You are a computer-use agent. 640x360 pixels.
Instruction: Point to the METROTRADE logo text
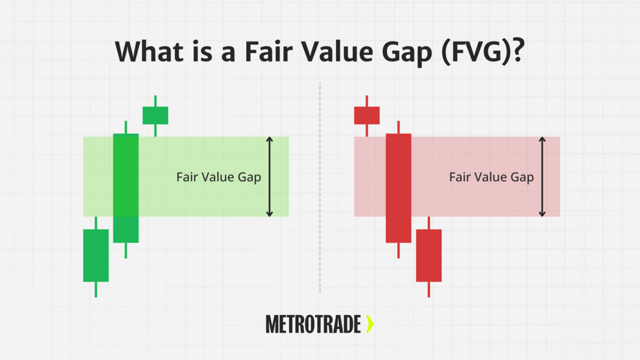pyautogui.click(x=313, y=324)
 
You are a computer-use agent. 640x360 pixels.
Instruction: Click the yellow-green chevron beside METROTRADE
pyautogui.click(x=370, y=324)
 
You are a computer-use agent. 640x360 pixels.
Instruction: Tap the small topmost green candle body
pyautogui.click(x=155, y=115)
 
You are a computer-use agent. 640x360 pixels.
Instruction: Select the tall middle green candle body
pyautogui.click(x=125, y=188)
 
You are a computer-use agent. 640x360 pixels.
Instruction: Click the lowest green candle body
pyautogui.click(x=95, y=255)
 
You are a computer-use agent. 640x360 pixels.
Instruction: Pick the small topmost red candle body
pyautogui.click(x=366, y=115)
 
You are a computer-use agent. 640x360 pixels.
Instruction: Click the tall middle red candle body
pyautogui.click(x=398, y=188)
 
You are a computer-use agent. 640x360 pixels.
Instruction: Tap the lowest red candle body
pyautogui.click(x=429, y=255)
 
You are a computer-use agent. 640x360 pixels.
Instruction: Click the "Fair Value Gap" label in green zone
pyautogui.click(x=218, y=177)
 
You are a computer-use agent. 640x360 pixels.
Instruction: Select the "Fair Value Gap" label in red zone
pyautogui.click(x=491, y=177)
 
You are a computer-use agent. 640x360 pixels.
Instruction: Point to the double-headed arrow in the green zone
pyautogui.click(x=269, y=176)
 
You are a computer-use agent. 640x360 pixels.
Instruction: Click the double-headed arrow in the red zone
pyautogui.click(x=542, y=176)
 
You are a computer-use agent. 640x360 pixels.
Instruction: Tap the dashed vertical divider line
pyautogui.click(x=320, y=188)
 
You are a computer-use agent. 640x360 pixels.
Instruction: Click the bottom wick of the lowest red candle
pyautogui.click(x=429, y=289)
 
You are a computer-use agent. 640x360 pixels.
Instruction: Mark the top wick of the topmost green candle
pyautogui.click(x=155, y=100)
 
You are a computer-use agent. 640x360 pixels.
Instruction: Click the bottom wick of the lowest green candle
pyautogui.click(x=95, y=289)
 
